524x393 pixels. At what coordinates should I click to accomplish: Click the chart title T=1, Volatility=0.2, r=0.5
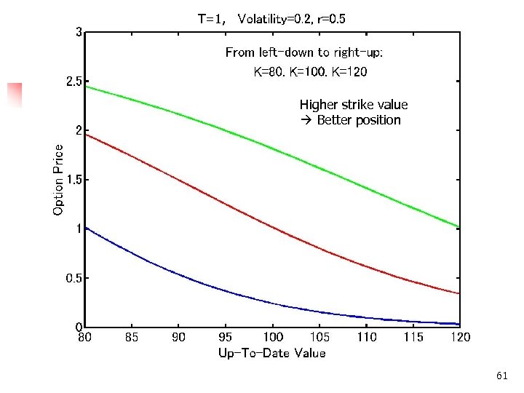[x=271, y=20]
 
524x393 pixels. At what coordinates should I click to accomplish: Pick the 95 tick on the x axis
[x=226, y=338]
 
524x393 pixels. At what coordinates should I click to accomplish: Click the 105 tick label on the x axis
[x=319, y=338]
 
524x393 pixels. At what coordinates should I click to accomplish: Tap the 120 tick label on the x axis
[x=460, y=338]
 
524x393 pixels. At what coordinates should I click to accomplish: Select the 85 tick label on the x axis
[x=132, y=338]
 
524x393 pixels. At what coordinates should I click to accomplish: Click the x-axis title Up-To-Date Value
[x=271, y=354]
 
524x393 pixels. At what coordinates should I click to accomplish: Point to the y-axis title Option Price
[x=58, y=179]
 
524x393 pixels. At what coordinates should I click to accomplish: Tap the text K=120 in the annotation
[x=352, y=72]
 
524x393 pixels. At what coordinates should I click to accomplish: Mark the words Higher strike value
[x=354, y=105]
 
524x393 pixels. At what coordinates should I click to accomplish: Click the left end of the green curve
[x=86, y=87]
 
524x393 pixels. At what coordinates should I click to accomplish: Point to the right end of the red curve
[x=458, y=293]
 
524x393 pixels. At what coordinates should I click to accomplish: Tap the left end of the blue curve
[x=86, y=228]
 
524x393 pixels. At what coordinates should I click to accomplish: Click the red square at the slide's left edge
[x=15, y=95]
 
